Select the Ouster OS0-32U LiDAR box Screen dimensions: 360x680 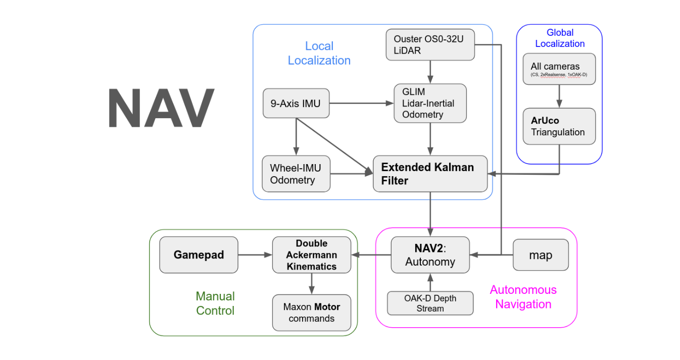[x=430, y=45]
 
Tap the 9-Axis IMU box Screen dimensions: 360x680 [x=296, y=104]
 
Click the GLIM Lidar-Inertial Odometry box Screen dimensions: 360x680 [x=430, y=104]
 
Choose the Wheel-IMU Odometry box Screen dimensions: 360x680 [x=296, y=174]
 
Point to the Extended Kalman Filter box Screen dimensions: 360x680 [x=430, y=174]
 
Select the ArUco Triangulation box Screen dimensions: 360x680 [x=559, y=126]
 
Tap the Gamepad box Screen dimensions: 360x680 [x=199, y=255]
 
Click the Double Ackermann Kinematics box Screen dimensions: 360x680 [x=312, y=255]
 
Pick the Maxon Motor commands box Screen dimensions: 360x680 [x=312, y=313]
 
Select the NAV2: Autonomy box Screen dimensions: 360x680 [x=430, y=255]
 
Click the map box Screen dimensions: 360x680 [x=541, y=255]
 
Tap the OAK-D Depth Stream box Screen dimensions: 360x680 [x=430, y=303]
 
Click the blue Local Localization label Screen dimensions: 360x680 [x=319, y=54]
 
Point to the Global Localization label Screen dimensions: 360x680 [x=560, y=38]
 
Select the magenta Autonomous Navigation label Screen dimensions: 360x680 [x=523, y=297]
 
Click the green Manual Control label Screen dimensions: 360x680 [x=215, y=303]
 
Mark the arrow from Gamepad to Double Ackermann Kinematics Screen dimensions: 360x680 [x=255, y=255]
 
